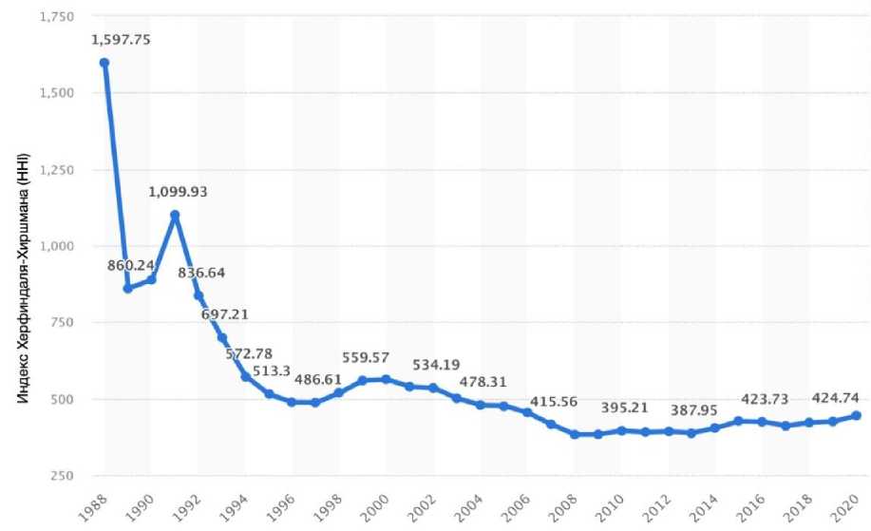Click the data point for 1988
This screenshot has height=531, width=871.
[x=104, y=63]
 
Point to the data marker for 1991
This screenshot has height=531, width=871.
[x=175, y=215]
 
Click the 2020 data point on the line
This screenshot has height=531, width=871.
[x=857, y=415]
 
